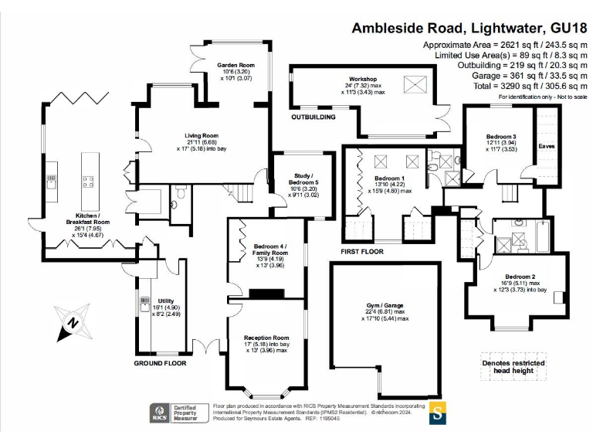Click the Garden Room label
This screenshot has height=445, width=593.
[x=236, y=66]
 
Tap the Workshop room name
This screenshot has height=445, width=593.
[x=361, y=80]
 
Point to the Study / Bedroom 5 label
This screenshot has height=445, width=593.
[x=296, y=179]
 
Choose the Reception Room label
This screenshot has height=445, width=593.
[x=266, y=338]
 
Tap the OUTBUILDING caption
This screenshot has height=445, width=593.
[x=313, y=117]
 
